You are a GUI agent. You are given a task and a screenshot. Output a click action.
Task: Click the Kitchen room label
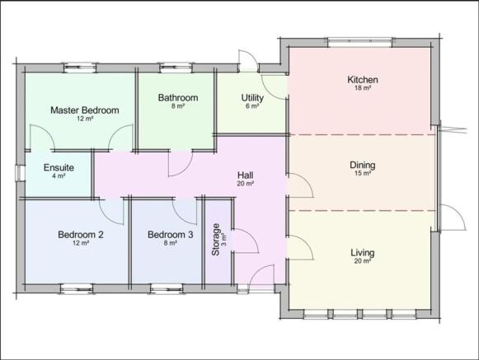[x=363, y=80]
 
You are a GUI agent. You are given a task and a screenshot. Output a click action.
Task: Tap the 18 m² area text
[x=363, y=88]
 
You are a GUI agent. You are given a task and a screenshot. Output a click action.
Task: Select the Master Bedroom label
[x=85, y=110]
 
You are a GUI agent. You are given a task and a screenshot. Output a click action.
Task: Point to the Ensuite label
[x=59, y=167]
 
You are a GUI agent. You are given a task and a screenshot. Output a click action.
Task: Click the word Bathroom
[x=178, y=98]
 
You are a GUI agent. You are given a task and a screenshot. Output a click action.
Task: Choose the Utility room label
[x=252, y=98]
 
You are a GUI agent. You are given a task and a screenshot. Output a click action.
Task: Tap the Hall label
[x=246, y=175]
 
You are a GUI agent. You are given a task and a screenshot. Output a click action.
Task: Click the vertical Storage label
[x=216, y=240]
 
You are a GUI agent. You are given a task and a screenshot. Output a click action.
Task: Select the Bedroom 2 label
[x=81, y=235]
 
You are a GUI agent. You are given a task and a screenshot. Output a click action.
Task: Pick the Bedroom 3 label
[x=170, y=235]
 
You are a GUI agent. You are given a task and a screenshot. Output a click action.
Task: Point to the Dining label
[x=363, y=166]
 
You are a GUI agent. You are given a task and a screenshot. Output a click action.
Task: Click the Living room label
[x=363, y=253]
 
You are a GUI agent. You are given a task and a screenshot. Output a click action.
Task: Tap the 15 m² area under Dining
[x=363, y=174]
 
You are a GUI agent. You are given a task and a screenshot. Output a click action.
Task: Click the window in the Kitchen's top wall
[x=359, y=43]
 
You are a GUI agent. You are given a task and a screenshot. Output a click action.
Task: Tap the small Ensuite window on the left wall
[x=20, y=173]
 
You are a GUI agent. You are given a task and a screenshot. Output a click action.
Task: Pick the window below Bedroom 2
[x=77, y=288]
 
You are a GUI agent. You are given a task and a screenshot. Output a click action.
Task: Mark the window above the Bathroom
[x=176, y=68]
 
